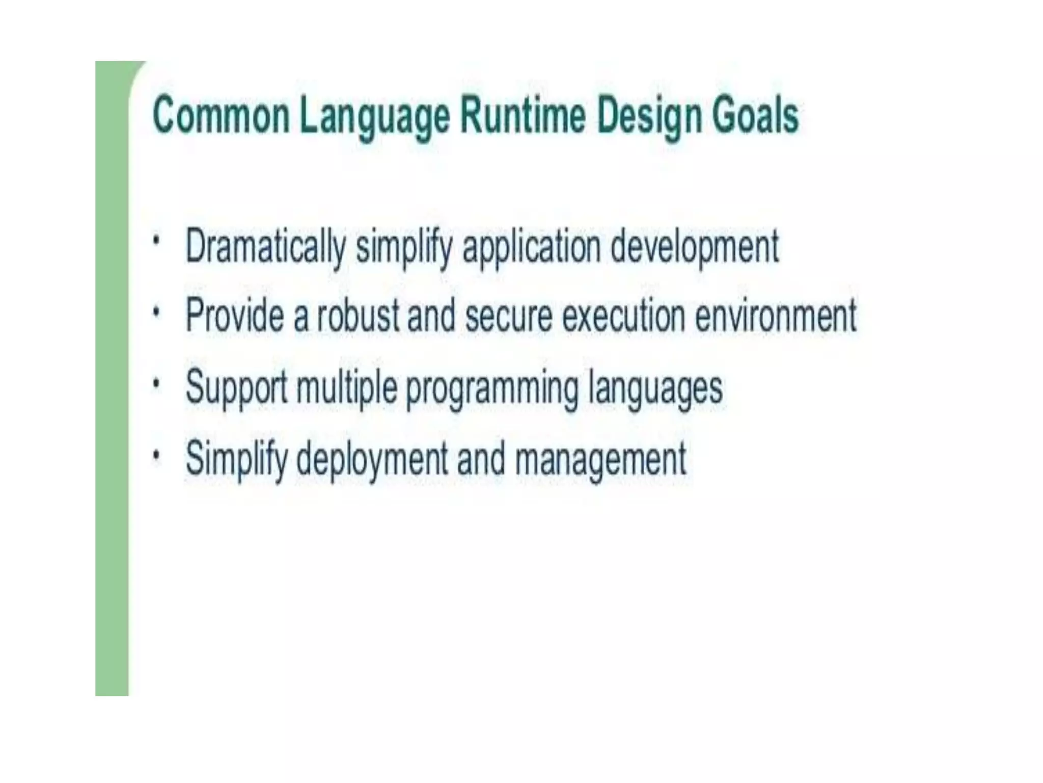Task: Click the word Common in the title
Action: pos(221,116)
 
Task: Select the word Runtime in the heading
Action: pos(523,116)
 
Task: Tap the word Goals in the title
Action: pos(755,116)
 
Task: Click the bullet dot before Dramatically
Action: pos(157,240)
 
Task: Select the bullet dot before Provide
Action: pos(157,309)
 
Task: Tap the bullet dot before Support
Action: pos(157,381)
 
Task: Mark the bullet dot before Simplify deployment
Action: pos(157,452)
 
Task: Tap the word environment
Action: pos(776,316)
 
